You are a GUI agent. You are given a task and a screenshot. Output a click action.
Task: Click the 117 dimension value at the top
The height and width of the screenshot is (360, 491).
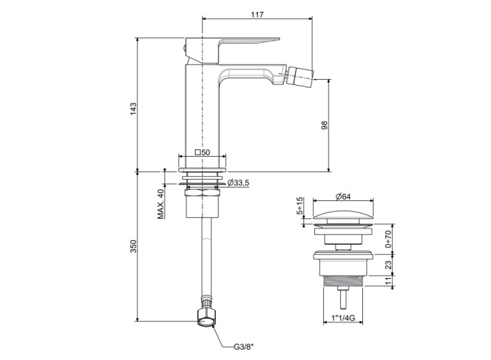[x=257, y=14]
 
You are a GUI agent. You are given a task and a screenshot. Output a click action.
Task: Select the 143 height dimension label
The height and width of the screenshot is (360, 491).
[x=133, y=109]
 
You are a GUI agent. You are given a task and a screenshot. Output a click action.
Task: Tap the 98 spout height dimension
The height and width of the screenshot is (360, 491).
[x=325, y=125]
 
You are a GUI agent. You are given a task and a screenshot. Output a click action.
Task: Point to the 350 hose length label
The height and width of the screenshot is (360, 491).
[x=133, y=246]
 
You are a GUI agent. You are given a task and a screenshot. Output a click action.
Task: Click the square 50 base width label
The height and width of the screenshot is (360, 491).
[x=203, y=152]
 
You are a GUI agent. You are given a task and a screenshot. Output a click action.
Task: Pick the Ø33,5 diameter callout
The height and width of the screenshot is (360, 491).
[x=238, y=183]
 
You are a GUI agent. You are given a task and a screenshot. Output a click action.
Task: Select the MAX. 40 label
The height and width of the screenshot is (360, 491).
[x=160, y=204]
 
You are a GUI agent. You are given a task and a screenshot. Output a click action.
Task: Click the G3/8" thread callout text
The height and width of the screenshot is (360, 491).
[x=244, y=347]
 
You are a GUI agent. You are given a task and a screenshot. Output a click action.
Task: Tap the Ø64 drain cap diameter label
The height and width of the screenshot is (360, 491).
[x=343, y=197]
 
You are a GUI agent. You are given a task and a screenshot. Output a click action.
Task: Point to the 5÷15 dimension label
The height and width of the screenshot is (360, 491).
[x=299, y=206]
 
